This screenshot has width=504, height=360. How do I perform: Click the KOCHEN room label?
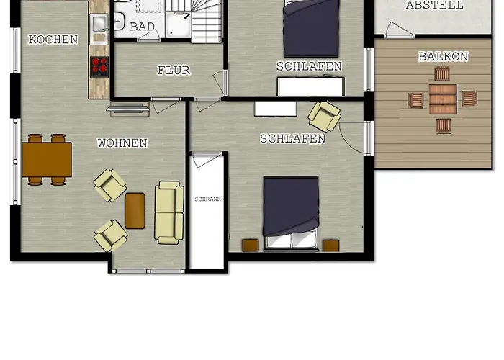tap(53, 40)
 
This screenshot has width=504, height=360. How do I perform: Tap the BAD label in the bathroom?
tap(143, 27)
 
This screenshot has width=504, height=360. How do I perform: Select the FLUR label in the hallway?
tap(174, 71)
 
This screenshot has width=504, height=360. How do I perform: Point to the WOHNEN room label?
tap(122, 143)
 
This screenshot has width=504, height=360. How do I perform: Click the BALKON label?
tap(444, 57)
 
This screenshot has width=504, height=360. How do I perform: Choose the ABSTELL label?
tap(435, 5)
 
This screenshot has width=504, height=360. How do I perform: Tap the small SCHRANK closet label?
tap(207, 199)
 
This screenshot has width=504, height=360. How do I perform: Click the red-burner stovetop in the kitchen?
tap(99, 66)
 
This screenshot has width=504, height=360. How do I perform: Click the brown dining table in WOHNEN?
tap(47, 160)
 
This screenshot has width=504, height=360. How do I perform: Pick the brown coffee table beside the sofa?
tap(135, 211)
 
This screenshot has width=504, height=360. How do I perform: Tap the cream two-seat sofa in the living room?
tap(169, 212)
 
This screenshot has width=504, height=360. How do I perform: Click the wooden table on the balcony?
tap(443, 99)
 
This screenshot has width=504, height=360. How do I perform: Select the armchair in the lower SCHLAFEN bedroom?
tap(324, 117)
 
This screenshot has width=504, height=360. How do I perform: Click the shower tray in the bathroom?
tap(179, 25)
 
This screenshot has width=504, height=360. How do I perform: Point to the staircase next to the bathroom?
tap(207, 21)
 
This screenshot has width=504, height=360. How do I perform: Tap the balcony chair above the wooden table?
tap(442, 73)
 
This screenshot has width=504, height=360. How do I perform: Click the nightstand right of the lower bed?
tap(330, 246)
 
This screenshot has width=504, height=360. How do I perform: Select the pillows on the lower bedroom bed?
tap(292, 240)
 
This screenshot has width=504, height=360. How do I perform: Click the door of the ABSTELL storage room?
tap(399, 30)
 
